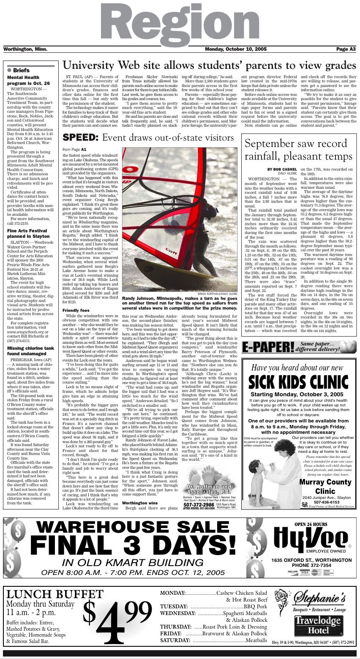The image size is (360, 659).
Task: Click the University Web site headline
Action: pos(209,65)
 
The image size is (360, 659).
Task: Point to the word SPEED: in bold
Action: pos(81,138)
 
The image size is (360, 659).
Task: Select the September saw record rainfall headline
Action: pos(298,150)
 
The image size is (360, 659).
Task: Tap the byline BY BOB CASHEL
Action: pos(282,169)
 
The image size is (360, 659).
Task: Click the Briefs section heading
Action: pos(21,70)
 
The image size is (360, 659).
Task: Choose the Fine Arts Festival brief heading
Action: pos(28,233)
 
